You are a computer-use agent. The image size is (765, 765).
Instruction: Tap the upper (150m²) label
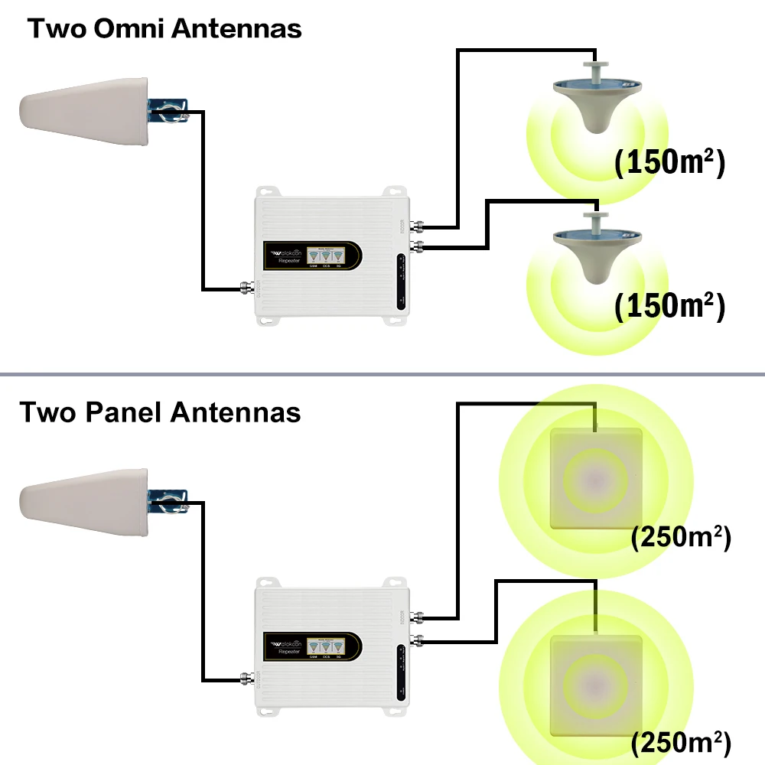point(669,163)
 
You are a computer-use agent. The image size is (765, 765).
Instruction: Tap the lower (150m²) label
point(669,305)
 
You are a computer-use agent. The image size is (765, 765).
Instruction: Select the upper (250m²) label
point(681,537)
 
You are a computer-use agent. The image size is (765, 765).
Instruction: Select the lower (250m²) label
point(681,741)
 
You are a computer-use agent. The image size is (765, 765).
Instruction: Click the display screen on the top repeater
point(327,255)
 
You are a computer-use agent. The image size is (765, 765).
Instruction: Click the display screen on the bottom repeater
point(327,646)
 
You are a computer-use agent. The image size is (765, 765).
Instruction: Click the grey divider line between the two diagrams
point(382,374)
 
